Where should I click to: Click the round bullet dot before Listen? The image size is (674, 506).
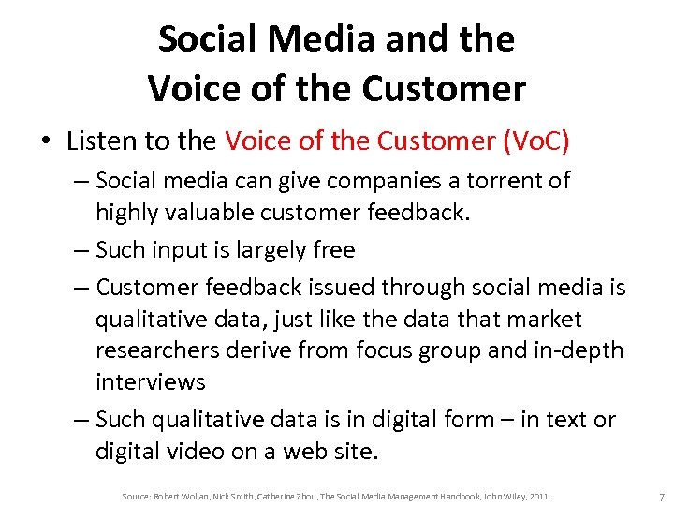(x=44, y=142)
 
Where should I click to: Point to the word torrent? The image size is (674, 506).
(x=495, y=180)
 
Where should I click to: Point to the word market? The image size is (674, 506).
(x=544, y=320)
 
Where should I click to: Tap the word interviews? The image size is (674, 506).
(x=150, y=382)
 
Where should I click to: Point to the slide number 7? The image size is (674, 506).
(x=661, y=496)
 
